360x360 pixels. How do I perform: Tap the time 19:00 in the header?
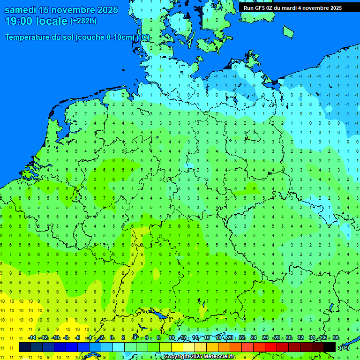click(20, 21)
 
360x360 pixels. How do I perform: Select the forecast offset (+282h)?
click(83, 21)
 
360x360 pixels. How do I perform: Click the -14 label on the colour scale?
click(32, 338)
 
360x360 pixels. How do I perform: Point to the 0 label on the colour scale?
click(112, 338)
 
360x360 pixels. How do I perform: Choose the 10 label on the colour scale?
click(172, 338)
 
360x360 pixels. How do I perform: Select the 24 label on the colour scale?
click(254, 338)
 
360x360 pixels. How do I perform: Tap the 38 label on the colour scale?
click(336, 338)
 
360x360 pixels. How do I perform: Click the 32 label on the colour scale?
click(300, 338)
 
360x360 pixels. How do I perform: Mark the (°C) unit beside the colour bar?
click(344, 348)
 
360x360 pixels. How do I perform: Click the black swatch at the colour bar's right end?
click(330, 347)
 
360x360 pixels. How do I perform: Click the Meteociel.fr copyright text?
click(199, 357)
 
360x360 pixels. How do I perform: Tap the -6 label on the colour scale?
click(78, 338)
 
